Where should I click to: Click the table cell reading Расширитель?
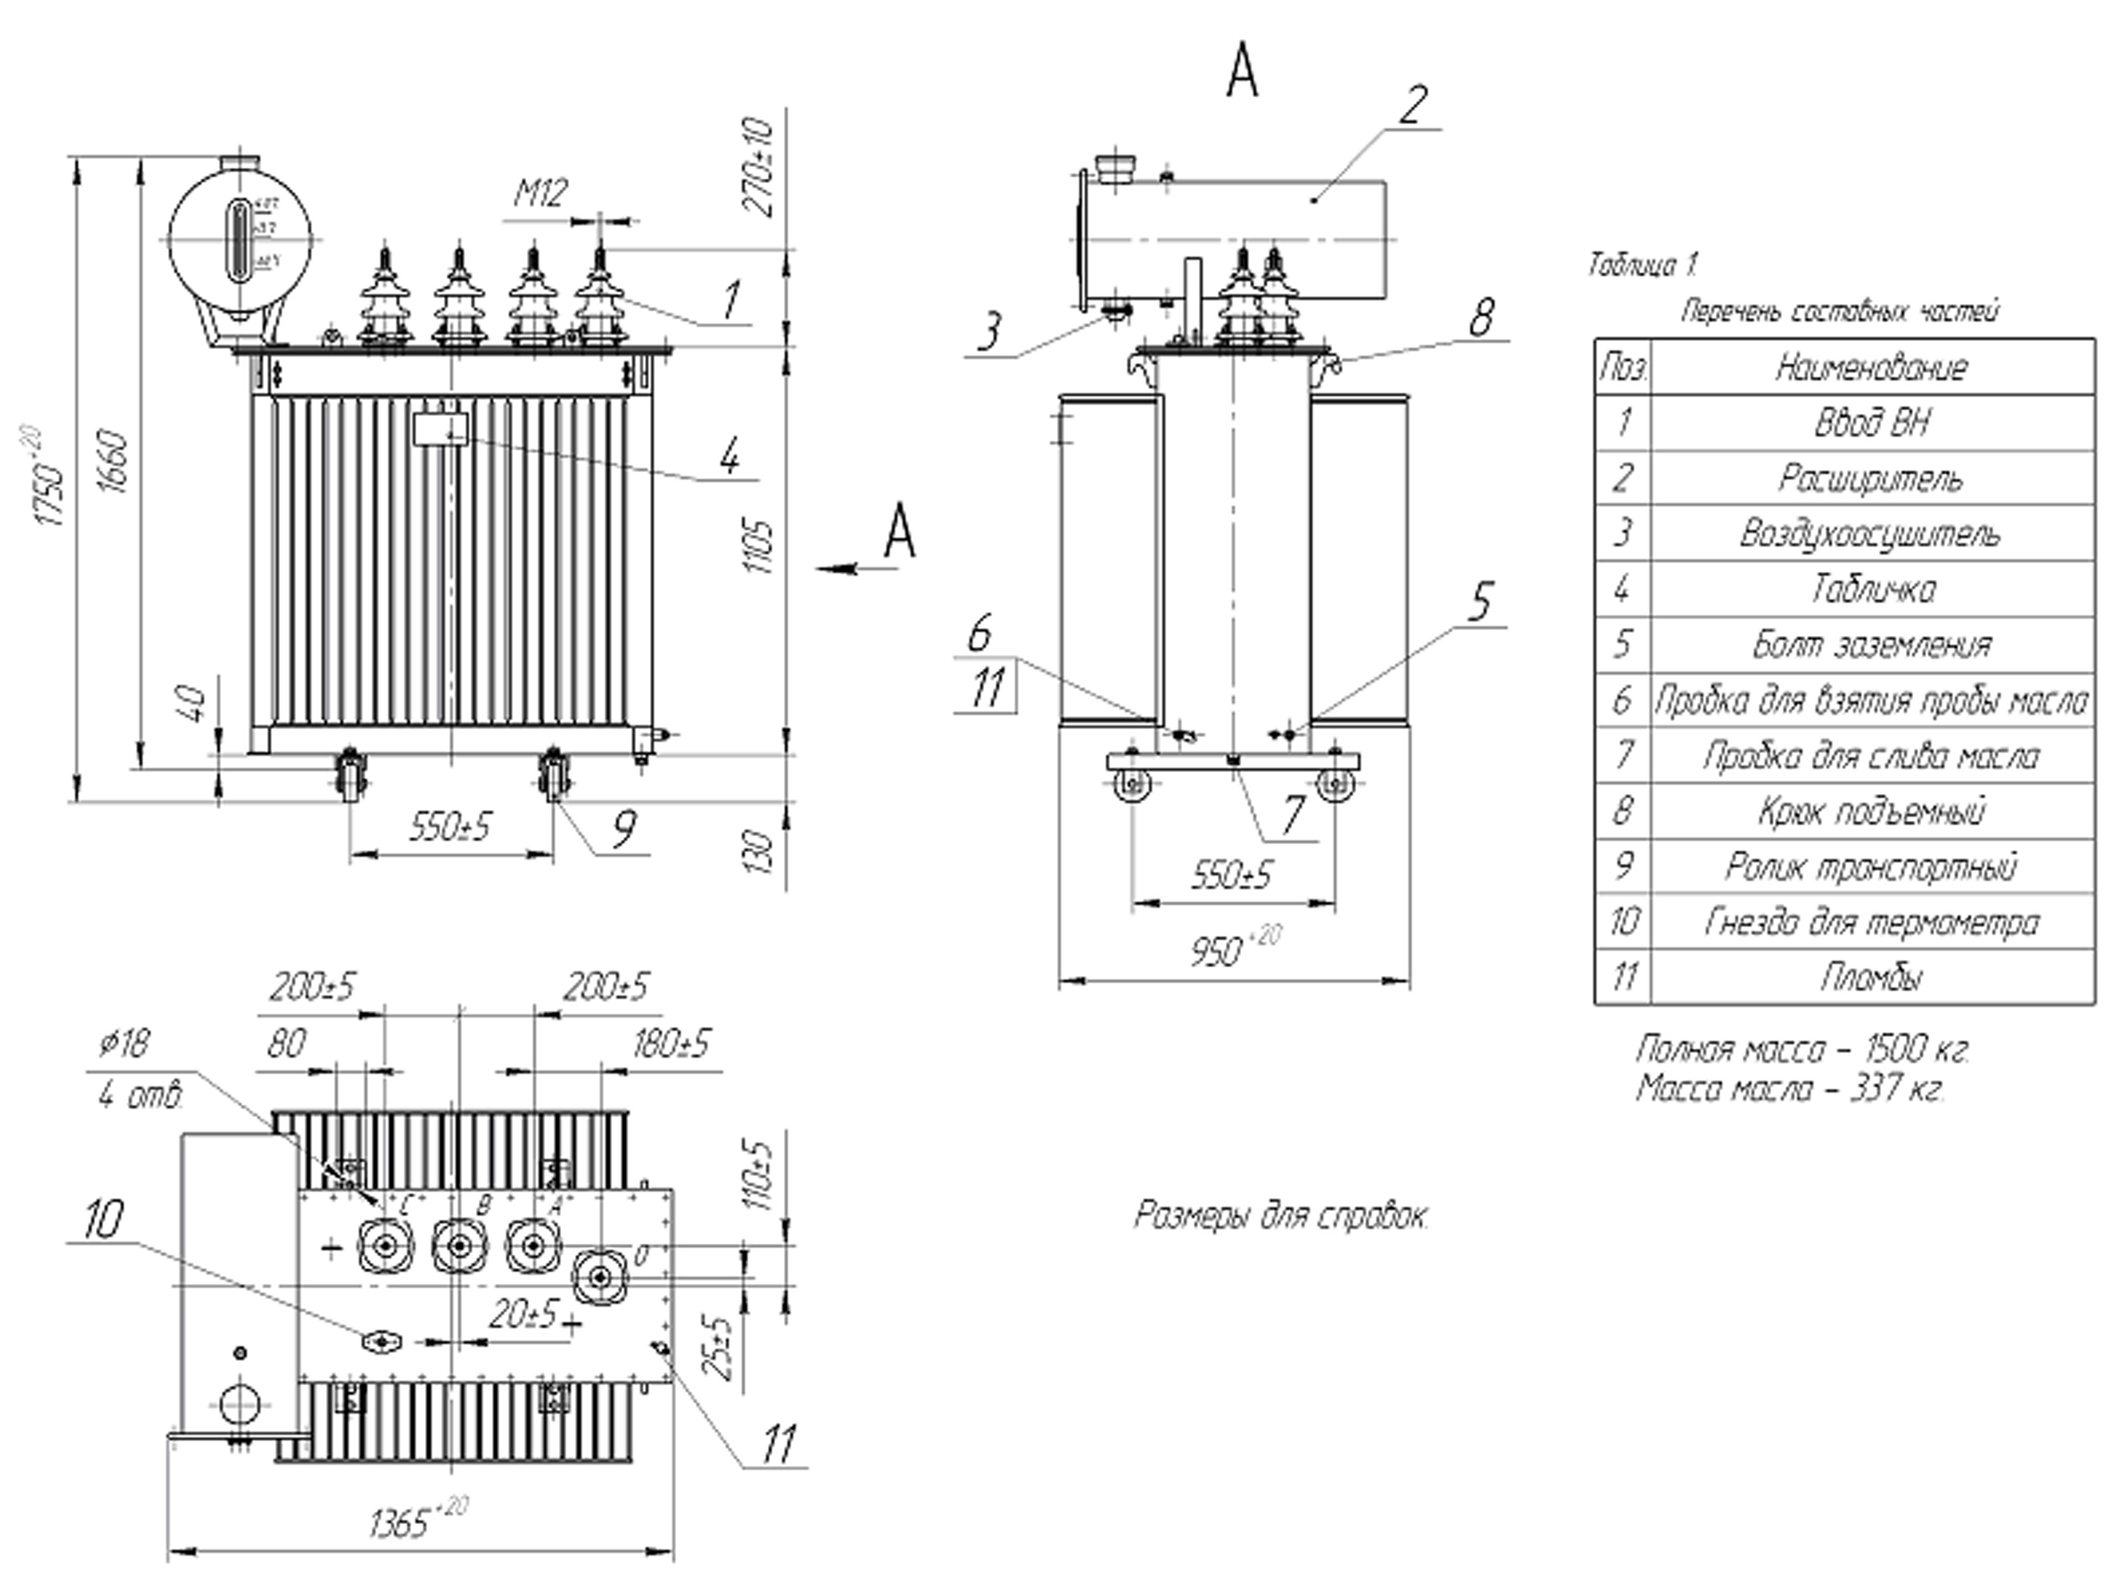[x=1870, y=479]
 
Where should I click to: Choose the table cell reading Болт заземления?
[x=1870, y=645]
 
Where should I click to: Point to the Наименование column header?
[x=1870, y=367]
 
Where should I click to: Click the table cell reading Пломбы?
[x=1870, y=977]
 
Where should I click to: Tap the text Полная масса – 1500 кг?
[x=1801, y=1049]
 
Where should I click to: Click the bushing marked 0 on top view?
[x=599, y=1275]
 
